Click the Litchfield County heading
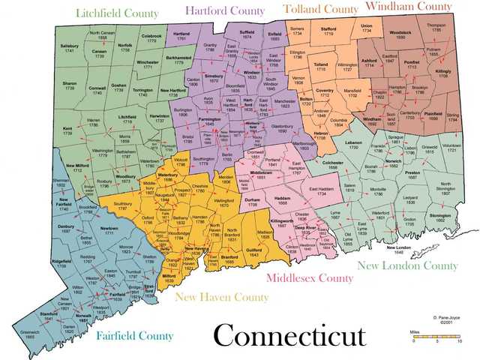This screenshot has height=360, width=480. (117, 13)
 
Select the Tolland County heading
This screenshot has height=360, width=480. (320, 9)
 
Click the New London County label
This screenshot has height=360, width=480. (407, 265)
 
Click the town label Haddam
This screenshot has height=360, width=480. (283, 199)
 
